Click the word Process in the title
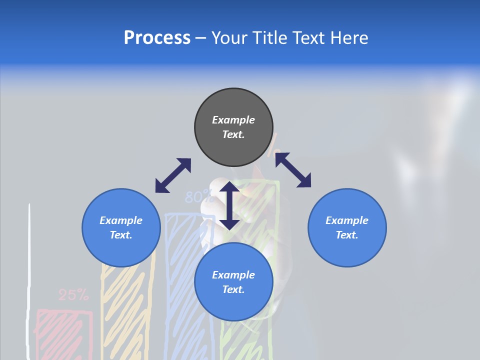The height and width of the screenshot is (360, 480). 157,37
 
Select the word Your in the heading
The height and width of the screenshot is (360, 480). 229,37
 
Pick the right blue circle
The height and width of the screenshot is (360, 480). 347,227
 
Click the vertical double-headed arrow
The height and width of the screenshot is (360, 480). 229,205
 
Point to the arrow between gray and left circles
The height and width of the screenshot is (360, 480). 173,175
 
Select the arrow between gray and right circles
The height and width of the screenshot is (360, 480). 293,170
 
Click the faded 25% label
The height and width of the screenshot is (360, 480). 73,295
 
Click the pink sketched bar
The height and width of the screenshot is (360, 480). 64,332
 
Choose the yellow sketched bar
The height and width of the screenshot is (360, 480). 128,310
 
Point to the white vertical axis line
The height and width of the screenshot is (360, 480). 30,280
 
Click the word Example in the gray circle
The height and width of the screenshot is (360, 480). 233,120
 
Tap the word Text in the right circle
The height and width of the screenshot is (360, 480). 346,235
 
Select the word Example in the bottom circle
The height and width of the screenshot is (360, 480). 233,275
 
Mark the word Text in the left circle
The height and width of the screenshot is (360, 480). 120,235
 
